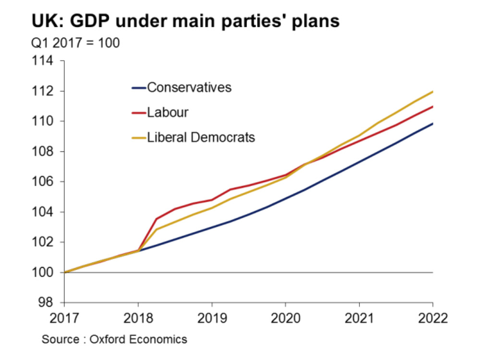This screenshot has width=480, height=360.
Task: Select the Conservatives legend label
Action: pos(189,87)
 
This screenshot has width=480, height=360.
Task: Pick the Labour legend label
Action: pos(168,112)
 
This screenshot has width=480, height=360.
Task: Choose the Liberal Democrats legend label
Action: pos(201,137)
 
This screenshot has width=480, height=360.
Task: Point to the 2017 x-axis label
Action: pos(64,318)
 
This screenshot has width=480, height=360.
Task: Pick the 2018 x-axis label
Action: pos(138,318)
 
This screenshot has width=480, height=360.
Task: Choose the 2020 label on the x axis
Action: pos(285,318)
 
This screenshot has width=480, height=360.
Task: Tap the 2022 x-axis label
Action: pos(432,318)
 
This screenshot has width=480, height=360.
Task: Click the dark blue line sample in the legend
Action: pos(138,88)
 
